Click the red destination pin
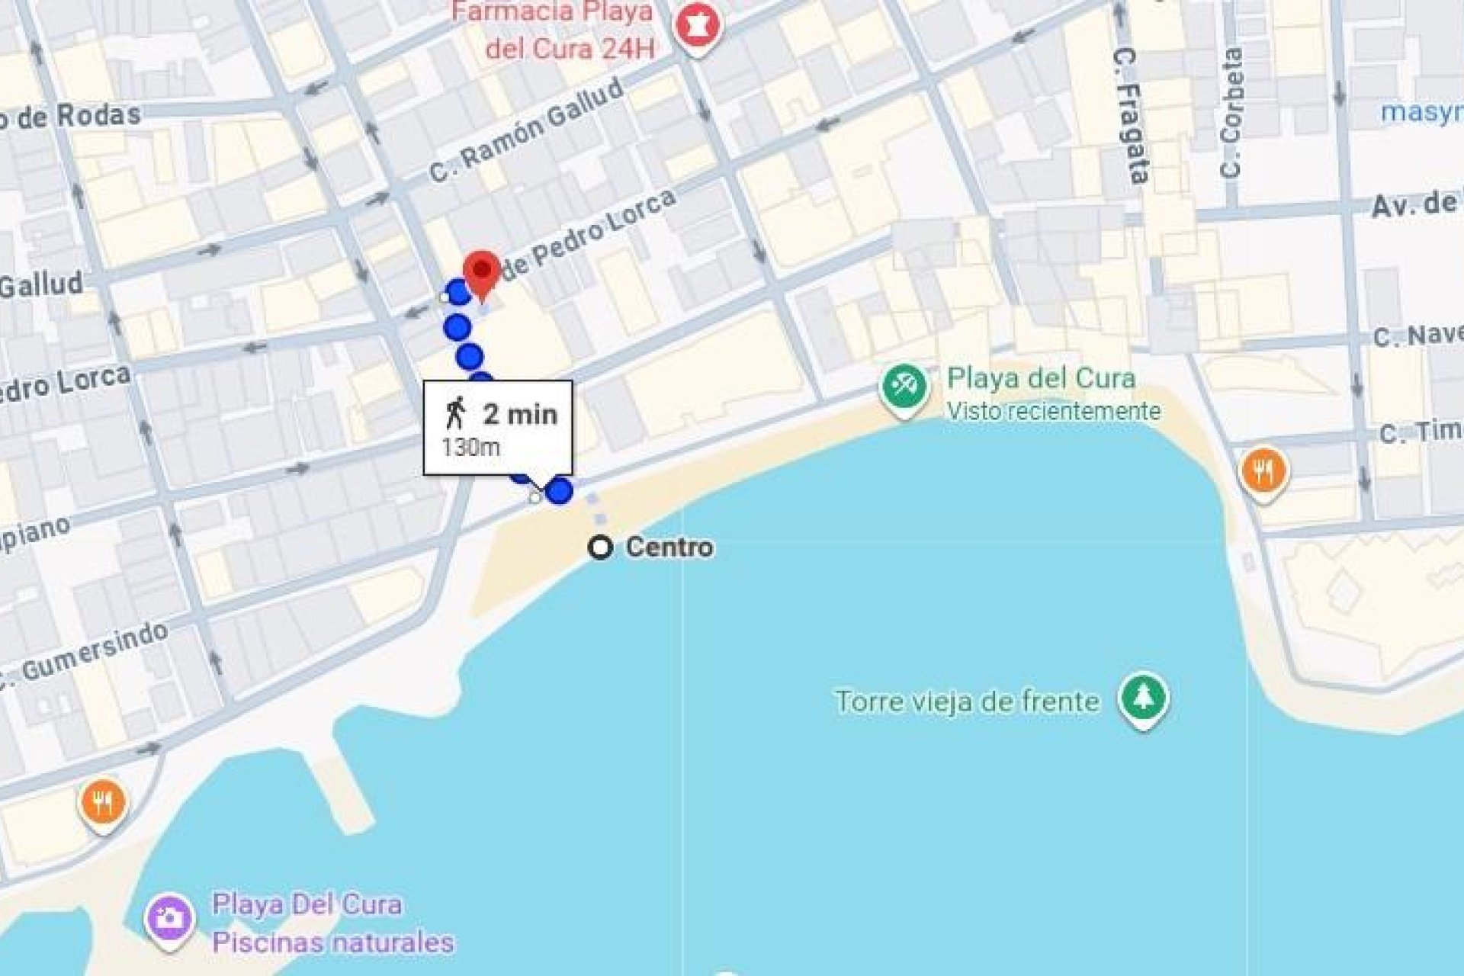point(482,271)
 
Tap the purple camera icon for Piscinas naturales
point(169,917)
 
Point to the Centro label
point(669,547)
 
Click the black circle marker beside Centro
point(601,547)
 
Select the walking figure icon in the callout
point(456,413)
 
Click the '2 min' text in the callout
point(520,414)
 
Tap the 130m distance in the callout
point(470,448)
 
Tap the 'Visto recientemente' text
point(1053,411)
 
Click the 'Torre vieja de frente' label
point(967,701)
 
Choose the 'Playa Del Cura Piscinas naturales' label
point(332,923)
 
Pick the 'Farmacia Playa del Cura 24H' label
point(560,30)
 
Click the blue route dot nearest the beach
point(560,491)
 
